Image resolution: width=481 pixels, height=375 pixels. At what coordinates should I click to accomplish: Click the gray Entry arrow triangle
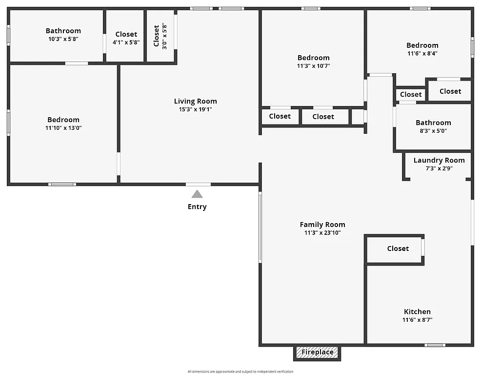(x=197, y=194)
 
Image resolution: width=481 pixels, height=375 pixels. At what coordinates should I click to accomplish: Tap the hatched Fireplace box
(x=317, y=352)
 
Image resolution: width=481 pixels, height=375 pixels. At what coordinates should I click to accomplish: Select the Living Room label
(x=196, y=101)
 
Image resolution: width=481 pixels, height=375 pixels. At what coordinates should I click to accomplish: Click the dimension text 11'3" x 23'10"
(x=322, y=233)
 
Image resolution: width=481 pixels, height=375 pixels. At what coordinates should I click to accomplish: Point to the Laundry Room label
(x=439, y=160)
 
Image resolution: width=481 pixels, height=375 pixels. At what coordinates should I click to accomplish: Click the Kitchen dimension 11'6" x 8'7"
(x=418, y=320)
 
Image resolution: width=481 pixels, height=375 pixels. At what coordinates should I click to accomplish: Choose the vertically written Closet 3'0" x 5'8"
(x=160, y=35)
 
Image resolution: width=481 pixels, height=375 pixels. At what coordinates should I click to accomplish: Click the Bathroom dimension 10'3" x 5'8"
(x=63, y=39)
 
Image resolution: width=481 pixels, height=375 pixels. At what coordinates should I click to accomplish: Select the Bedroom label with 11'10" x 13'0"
(x=63, y=120)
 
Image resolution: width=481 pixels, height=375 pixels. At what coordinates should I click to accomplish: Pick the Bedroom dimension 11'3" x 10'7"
(x=314, y=66)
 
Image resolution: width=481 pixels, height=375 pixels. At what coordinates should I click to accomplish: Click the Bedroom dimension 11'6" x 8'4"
(x=422, y=54)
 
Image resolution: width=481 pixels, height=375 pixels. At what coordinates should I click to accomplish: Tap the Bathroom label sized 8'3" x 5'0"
(x=433, y=123)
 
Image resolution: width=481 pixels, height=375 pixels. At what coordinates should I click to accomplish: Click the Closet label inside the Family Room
(x=398, y=249)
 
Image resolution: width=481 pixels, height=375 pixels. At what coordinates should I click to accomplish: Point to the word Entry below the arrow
(x=197, y=207)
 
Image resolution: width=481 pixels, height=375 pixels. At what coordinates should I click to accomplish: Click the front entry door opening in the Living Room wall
(x=198, y=184)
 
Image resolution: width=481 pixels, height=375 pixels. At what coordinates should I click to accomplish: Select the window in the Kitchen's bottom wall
(x=435, y=345)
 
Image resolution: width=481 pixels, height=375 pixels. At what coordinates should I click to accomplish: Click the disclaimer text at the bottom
(x=240, y=372)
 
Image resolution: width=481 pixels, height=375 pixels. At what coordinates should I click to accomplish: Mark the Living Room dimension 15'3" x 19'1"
(x=196, y=109)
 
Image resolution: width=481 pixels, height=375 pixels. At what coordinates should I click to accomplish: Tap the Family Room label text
(x=322, y=225)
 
